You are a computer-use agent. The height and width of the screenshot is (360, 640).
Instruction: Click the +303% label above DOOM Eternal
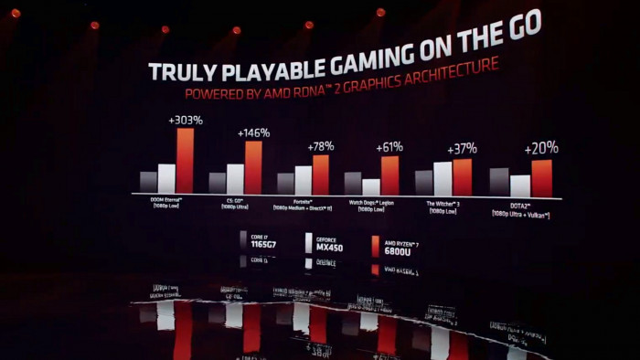pyautogui.click(x=185, y=120)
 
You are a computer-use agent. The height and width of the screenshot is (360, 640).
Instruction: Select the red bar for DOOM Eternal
pyautogui.click(x=185, y=161)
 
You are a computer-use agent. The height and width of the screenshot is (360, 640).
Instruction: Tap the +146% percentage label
pyautogui.click(x=253, y=133)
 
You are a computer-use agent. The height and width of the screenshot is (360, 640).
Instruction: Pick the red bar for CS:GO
pyautogui.click(x=253, y=168)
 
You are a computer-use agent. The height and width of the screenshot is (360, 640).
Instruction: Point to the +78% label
pyautogui.click(x=321, y=146)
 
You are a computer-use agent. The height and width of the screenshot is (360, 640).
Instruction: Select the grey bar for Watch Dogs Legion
pyautogui.click(x=352, y=184)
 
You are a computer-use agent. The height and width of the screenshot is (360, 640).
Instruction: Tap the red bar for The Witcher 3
pyautogui.click(x=463, y=177)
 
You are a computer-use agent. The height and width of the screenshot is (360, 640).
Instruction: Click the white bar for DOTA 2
pyautogui.click(x=520, y=186)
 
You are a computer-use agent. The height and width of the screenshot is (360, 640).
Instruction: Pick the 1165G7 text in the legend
pyautogui.click(x=264, y=245)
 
